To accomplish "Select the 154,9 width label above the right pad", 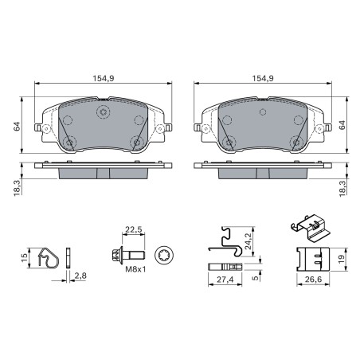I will (x=264, y=79).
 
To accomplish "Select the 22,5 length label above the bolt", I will (x=134, y=232).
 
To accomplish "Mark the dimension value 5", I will (x=255, y=280).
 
